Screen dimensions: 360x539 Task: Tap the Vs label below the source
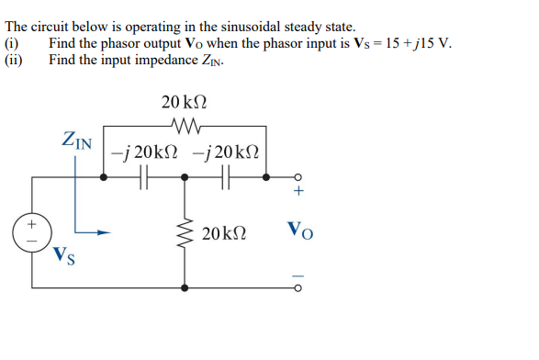pyautogui.click(x=64, y=254)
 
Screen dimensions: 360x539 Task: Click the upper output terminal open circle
pyautogui.click(x=297, y=177)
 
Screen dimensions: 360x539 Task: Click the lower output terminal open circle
pyautogui.click(x=297, y=287)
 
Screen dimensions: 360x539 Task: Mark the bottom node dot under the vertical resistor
pyautogui.click(x=187, y=287)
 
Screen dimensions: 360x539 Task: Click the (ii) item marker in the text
pyautogui.click(x=14, y=60)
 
